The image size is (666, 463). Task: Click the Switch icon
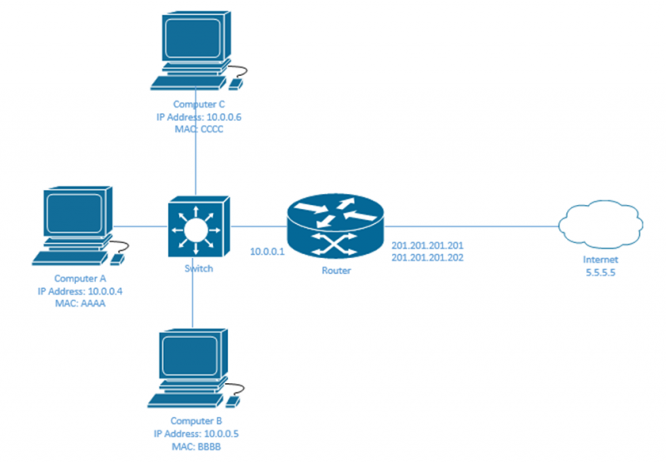click(x=196, y=227)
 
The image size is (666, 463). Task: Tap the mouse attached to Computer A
click(x=118, y=258)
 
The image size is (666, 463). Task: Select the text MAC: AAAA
click(x=81, y=304)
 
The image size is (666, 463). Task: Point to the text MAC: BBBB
click(x=197, y=446)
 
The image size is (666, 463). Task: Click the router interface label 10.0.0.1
click(x=267, y=251)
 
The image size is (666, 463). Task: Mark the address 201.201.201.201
click(x=427, y=246)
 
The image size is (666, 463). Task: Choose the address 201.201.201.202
click(x=427, y=258)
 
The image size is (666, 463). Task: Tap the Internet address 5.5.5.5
click(x=600, y=271)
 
